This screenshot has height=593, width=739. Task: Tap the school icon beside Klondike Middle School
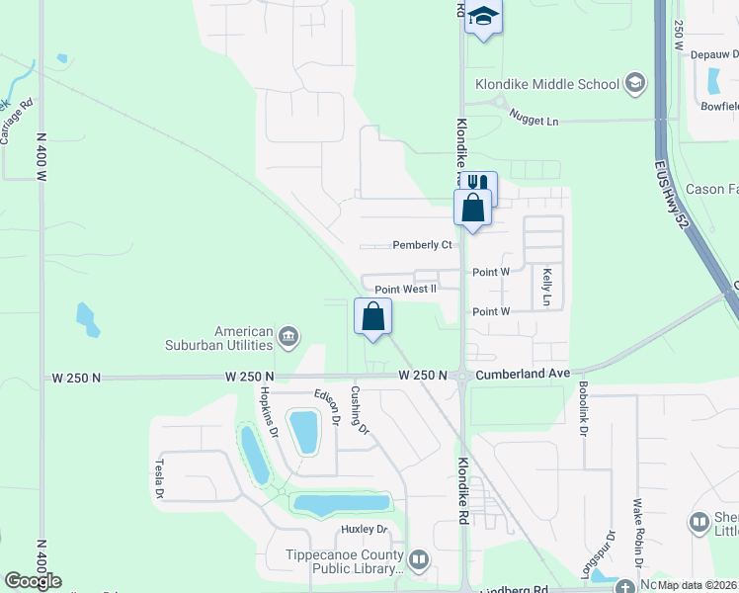634,84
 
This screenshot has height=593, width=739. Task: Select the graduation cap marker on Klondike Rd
484,17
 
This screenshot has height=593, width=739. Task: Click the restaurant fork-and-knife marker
479,185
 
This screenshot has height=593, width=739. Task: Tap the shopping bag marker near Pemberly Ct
472,209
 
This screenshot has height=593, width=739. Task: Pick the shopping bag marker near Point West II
373,316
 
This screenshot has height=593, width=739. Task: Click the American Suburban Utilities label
218,338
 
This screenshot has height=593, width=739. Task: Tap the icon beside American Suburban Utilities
288,338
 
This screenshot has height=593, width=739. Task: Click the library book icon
419,561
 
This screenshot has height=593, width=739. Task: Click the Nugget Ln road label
534,118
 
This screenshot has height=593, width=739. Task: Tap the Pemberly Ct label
422,244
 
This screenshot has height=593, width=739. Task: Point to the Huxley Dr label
363,529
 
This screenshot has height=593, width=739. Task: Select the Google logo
33,581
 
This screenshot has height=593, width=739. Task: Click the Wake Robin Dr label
639,547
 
